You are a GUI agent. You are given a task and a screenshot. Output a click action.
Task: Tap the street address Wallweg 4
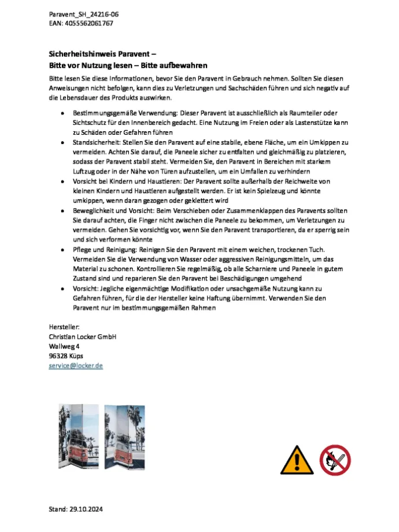pos(64,346)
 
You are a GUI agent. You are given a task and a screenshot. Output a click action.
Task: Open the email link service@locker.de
pos(76,366)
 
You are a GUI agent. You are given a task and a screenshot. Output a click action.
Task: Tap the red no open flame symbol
pos(335,460)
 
